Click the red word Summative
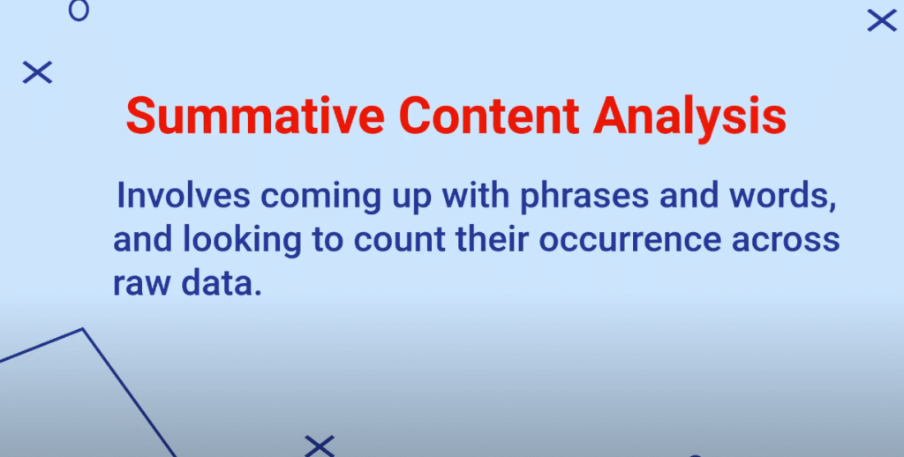tap(255, 117)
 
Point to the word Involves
tap(184, 196)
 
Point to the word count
tap(400, 241)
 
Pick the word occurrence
tap(630, 241)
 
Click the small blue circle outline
tap(79, 10)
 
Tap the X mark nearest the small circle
tap(37, 72)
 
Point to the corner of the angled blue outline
tap(83, 329)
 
